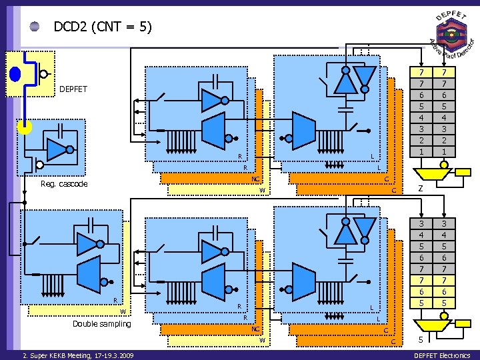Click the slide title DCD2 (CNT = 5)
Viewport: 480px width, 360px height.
(x=103, y=27)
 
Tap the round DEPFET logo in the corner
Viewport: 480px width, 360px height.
(x=451, y=34)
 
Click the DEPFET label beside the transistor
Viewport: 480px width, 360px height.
(x=73, y=89)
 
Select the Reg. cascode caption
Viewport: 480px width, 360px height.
(x=64, y=184)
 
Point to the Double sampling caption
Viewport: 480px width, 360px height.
(x=102, y=324)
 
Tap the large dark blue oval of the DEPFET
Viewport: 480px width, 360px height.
(x=15, y=73)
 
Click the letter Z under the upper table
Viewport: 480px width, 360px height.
(x=420, y=189)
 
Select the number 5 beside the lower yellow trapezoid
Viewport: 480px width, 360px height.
(x=420, y=341)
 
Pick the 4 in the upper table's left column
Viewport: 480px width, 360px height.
(x=421, y=118)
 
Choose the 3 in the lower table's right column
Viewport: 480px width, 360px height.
(x=443, y=224)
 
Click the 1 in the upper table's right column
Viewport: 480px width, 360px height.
(x=443, y=152)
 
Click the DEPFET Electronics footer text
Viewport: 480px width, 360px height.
(x=442, y=355)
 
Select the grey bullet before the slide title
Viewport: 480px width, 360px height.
(x=35, y=27)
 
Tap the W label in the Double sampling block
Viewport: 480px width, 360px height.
(x=123, y=311)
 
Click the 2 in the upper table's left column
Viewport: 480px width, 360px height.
(x=421, y=141)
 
